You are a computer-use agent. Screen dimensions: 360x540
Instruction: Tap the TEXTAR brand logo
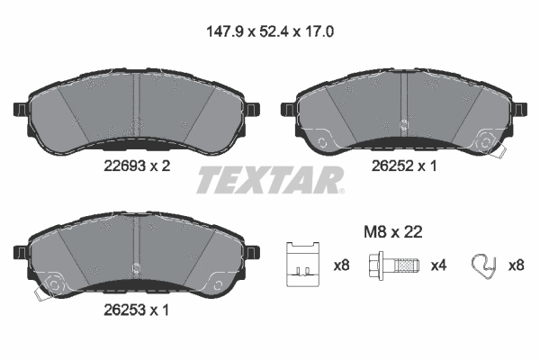tap(269, 181)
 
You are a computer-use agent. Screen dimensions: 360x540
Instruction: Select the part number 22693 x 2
tap(134, 165)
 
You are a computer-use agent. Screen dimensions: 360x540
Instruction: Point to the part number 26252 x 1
tap(406, 165)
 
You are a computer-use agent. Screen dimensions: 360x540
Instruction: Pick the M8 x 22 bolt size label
tap(392, 231)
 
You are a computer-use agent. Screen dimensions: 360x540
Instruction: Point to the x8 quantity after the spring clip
tap(517, 265)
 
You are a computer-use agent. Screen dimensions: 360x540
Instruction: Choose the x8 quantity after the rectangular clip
tap(341, 265)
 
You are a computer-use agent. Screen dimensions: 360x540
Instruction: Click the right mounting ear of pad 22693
tap(254, 110)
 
